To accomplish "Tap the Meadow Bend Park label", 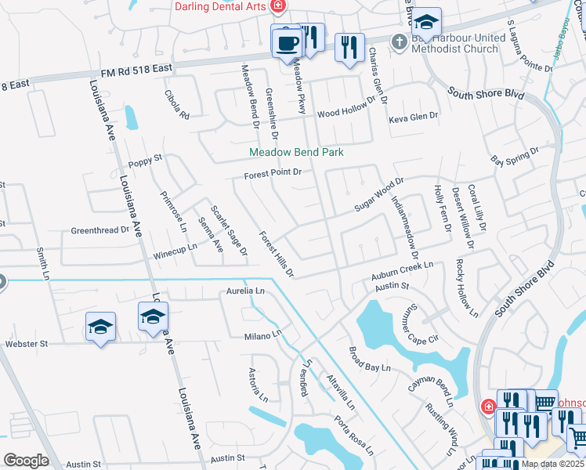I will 296,153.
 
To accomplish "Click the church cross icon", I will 399,40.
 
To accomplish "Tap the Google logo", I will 26,461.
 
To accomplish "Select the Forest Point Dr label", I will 273,174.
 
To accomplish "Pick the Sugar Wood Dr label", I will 378,193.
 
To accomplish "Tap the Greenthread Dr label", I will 99,231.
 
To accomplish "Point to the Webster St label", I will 27,343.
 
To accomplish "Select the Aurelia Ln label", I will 246,291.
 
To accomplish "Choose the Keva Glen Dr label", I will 416,120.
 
